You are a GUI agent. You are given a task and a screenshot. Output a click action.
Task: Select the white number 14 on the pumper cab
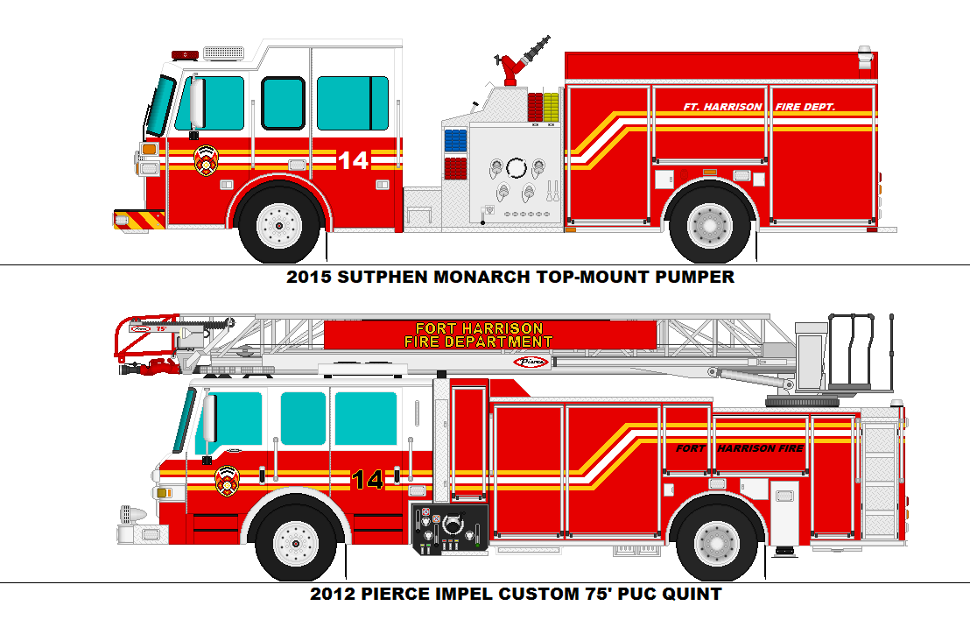point(353,160)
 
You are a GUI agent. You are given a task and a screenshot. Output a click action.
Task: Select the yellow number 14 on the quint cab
point(367,480)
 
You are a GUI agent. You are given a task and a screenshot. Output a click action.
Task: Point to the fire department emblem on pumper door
point(207,158)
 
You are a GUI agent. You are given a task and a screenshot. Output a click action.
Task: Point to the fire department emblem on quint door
point(227,480)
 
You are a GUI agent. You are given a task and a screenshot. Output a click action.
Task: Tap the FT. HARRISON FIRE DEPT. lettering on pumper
point(759,107)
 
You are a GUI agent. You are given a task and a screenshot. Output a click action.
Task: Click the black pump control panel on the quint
point(450,529)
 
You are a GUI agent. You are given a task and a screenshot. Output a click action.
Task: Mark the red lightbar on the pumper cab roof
point(185,55)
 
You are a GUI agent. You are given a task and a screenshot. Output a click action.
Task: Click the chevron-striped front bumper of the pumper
point(139,219)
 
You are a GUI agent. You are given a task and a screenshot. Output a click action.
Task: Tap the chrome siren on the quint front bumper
point(131,516)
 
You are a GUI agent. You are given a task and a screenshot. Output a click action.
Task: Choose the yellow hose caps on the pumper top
point(551,105)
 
